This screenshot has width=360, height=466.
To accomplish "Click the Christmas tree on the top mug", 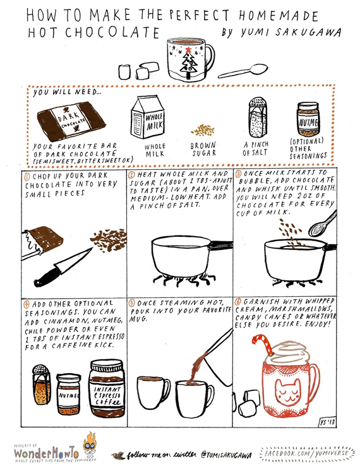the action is [x=189, y=63].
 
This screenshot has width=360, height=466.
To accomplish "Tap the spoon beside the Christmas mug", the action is [x=243, y=71].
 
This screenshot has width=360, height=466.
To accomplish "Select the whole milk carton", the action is [x=147, y=117].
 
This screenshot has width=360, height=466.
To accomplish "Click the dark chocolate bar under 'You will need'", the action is [x=71, y=121].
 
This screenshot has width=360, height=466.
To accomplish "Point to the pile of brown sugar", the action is [x=203, y=130].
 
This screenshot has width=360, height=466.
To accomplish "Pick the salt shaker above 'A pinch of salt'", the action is [x=258, y=117].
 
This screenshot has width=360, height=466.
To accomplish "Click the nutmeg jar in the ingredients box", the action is [x=308, y=119].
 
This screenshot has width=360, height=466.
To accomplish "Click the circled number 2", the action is [x=131, y=175].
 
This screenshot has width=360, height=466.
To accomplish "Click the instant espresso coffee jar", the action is [x=107, y=388].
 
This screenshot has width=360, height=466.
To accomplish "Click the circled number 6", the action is [x=238, y=302].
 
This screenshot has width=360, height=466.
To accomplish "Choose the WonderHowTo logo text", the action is [x=46, y=453].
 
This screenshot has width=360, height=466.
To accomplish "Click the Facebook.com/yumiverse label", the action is [x=307, y=453].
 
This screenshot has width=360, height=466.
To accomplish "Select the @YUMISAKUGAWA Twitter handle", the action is [x=226, y=455].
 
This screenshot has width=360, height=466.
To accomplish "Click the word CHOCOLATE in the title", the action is [x=112, y=32].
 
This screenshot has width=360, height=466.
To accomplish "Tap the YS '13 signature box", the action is [x=327, y=422].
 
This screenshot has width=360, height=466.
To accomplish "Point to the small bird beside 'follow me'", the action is [x=119, y=455].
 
